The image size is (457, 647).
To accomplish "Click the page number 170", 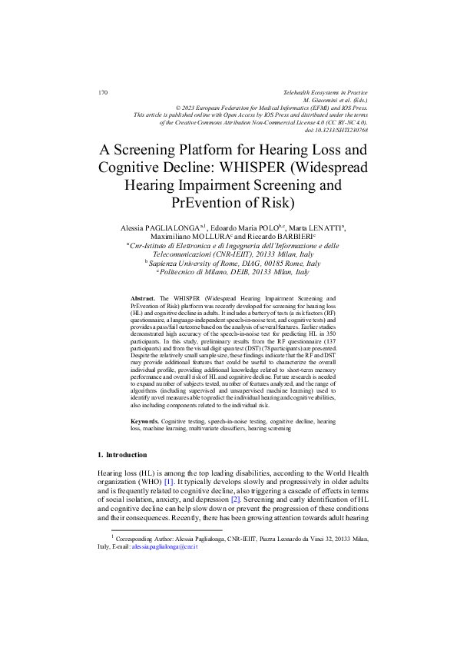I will [x=102, y=93].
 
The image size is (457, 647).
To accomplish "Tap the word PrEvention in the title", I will [x=214, y=203].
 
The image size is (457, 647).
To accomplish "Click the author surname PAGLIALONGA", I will [x=169, y=228].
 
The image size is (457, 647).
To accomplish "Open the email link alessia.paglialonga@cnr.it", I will [x=166, y=547].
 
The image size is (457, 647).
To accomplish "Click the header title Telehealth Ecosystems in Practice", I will [x=326, y=93].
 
